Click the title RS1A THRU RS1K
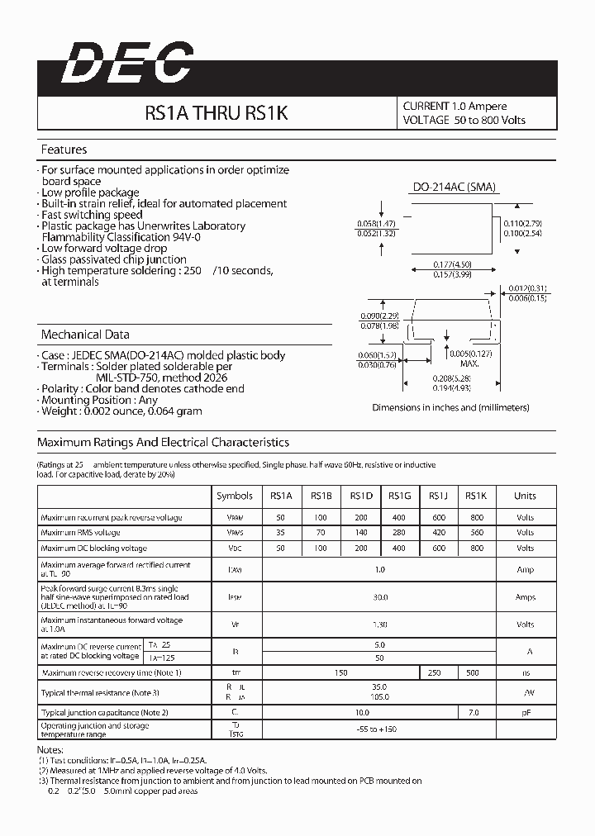[216, 113]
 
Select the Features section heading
[64, 150]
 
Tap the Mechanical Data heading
[85, 335]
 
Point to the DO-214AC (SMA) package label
[454, 188]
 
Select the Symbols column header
[235, 496]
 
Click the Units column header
[525, 496]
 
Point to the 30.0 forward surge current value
[379, 596]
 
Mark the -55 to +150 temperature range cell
[379, 730]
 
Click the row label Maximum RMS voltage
[80, 533]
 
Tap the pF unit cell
[525, 711]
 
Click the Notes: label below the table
[51, 748]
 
